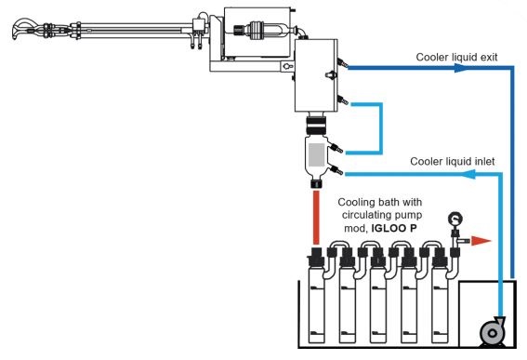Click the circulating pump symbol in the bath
click(493, 332)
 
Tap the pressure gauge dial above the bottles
click(455, 220)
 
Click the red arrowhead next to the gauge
click(481, 241)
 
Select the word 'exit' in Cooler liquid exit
click(489, 57)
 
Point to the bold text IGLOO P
click(394, 228)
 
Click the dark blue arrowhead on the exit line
click(461, 68)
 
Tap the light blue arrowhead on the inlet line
click(469, 174)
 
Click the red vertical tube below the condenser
click(316, 218)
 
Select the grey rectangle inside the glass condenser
click(317, 154)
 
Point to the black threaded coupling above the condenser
click(316, 125)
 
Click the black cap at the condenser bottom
click(316, 183)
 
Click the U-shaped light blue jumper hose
click(381, 128)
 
